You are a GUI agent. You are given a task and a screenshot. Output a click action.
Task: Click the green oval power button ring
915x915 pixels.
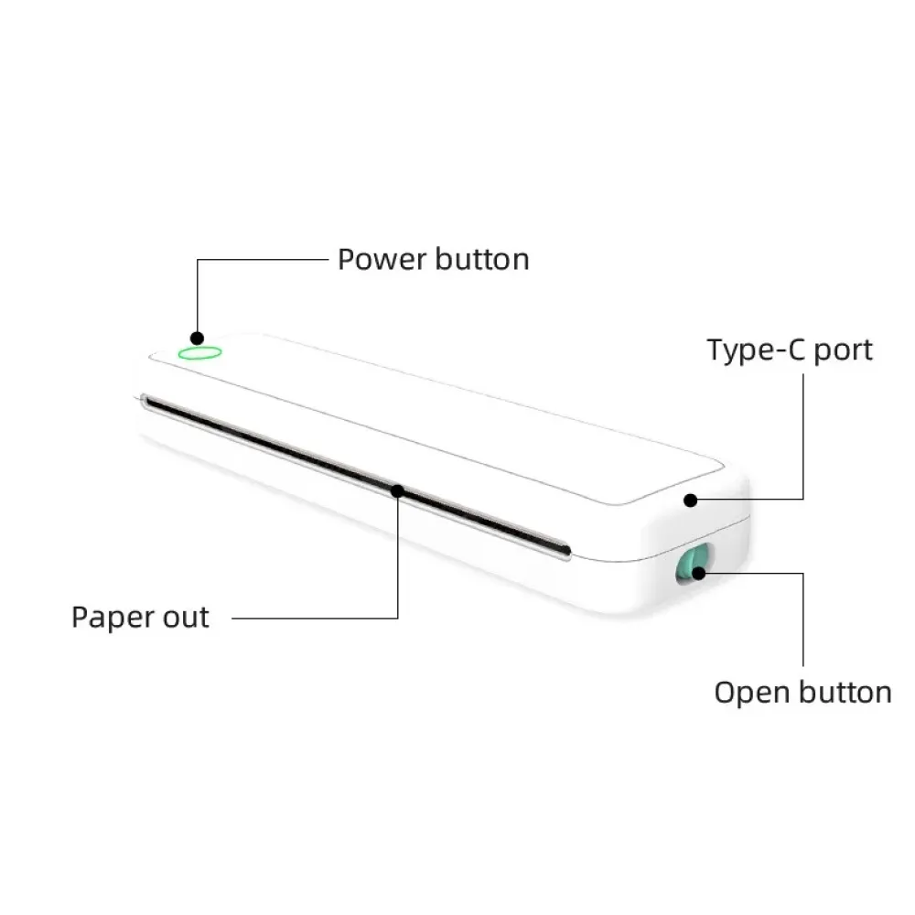tap(199, 352)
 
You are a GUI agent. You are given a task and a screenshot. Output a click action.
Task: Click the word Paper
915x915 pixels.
tap(111, 618)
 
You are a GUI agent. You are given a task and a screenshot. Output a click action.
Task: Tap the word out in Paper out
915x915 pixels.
tap(186, 618)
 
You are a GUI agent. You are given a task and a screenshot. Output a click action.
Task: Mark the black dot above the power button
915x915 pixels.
tap(196, 336)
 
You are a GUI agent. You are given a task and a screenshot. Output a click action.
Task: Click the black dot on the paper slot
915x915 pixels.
tap(398, 491)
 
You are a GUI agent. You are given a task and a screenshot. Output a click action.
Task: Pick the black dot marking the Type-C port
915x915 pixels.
tap(691, 500)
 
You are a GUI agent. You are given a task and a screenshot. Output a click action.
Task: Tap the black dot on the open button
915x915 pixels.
tap(700, 574)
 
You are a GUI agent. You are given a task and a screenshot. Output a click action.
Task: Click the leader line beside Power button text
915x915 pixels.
tap(265, 259)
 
